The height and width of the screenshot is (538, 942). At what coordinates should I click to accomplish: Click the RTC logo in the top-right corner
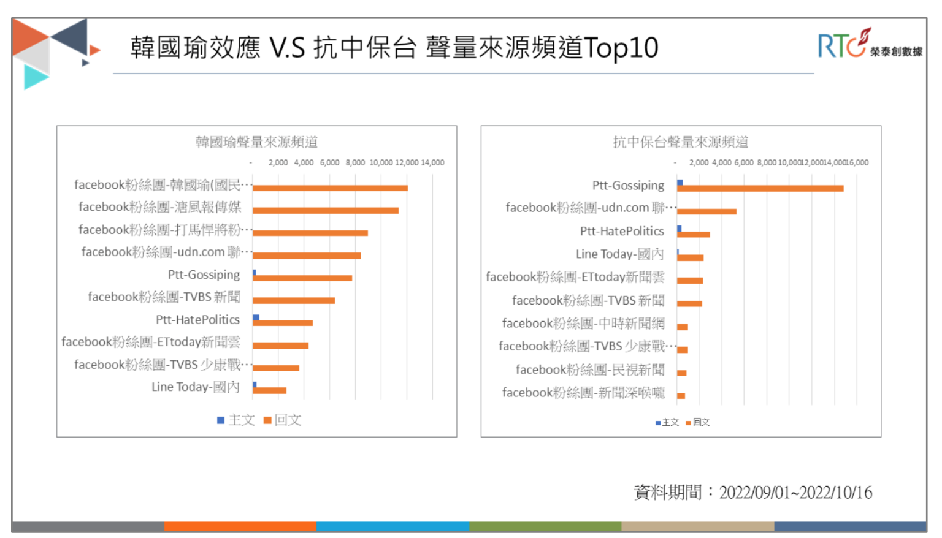pyautogui.click(x=869, y=44)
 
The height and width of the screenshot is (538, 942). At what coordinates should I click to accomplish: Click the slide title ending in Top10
pyautogui.click(x=394, y=48)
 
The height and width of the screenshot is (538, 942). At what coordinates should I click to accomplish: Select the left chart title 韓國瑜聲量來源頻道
pyautogui.click(x=256, y=142)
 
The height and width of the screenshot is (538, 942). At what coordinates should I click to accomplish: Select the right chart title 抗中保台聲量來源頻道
pyautogui.click(x=680, y=142)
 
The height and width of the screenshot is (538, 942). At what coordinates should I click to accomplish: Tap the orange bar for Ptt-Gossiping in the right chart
pyautogui.click(x=760, y=189)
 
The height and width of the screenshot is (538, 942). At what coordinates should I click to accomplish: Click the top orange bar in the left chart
pyautogui.click(x=330, y=188)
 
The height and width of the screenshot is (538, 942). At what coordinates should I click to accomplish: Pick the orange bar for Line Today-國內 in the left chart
pyautogui.click(x=269, y=390)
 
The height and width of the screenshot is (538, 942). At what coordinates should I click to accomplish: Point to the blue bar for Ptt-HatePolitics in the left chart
pyautogui.click(x=256, y=317)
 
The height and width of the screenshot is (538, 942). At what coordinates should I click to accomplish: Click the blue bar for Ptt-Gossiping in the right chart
pyautogui.click(x=680, y=183)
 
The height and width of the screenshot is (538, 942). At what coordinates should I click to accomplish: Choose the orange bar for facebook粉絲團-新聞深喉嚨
pyautogui.click(x=681, y=396)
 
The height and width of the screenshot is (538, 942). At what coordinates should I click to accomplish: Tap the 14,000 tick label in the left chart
pyautogui.click(x=432, y=162)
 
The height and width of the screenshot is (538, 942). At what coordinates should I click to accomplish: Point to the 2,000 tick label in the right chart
pyautogui.click(x=699, y=162)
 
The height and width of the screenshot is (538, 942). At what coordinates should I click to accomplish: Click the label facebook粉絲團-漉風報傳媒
pyautogui.click(x=159, y=207)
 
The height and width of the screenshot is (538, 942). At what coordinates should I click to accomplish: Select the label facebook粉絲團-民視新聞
pyautogui.click(x=589, y=369)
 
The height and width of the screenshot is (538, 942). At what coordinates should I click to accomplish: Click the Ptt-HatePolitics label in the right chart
pyautogui.click(x=622, y=231)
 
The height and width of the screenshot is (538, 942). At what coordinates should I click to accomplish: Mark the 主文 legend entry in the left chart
pyautogui.click(x=236, y=420)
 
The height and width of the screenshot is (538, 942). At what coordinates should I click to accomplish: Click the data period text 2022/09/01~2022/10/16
pyautogui.click(x=795, y=492)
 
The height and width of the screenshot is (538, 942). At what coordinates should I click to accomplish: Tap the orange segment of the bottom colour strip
pyautogui.click(x=240, y=527)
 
